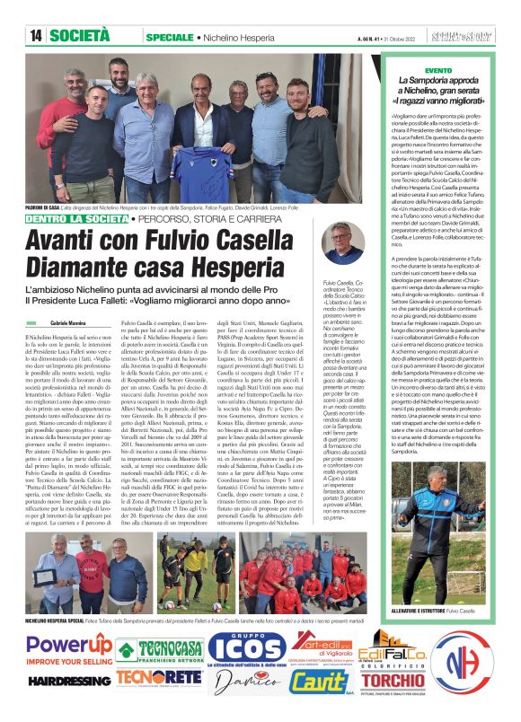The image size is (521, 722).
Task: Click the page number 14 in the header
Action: tap(36, 36)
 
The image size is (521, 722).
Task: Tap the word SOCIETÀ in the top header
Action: tap(80, 36)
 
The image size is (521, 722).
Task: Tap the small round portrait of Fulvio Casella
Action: tap(342, 242)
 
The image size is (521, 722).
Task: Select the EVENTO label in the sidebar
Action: tap(439, 69)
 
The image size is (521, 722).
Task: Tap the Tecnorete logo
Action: tap(158, 677)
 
